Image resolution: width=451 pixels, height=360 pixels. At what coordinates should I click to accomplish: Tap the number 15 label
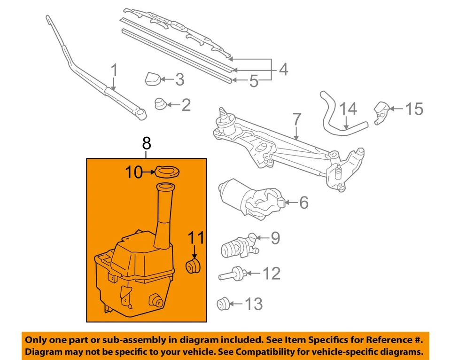click(413, 109)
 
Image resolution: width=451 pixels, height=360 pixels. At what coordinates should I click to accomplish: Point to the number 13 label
click(254, 305)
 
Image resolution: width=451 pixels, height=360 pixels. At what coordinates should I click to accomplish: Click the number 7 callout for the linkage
click(296, 119)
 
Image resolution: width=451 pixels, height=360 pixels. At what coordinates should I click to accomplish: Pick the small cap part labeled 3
click(153, 78)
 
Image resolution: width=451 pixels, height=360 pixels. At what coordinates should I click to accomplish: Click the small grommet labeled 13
click(223, 304)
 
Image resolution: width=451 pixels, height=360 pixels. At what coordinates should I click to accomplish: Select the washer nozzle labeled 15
click(381, 112)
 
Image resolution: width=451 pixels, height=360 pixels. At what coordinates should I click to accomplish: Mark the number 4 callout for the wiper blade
click(283, 70)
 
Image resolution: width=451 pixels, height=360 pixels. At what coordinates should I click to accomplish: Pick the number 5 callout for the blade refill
click(254, 82)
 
